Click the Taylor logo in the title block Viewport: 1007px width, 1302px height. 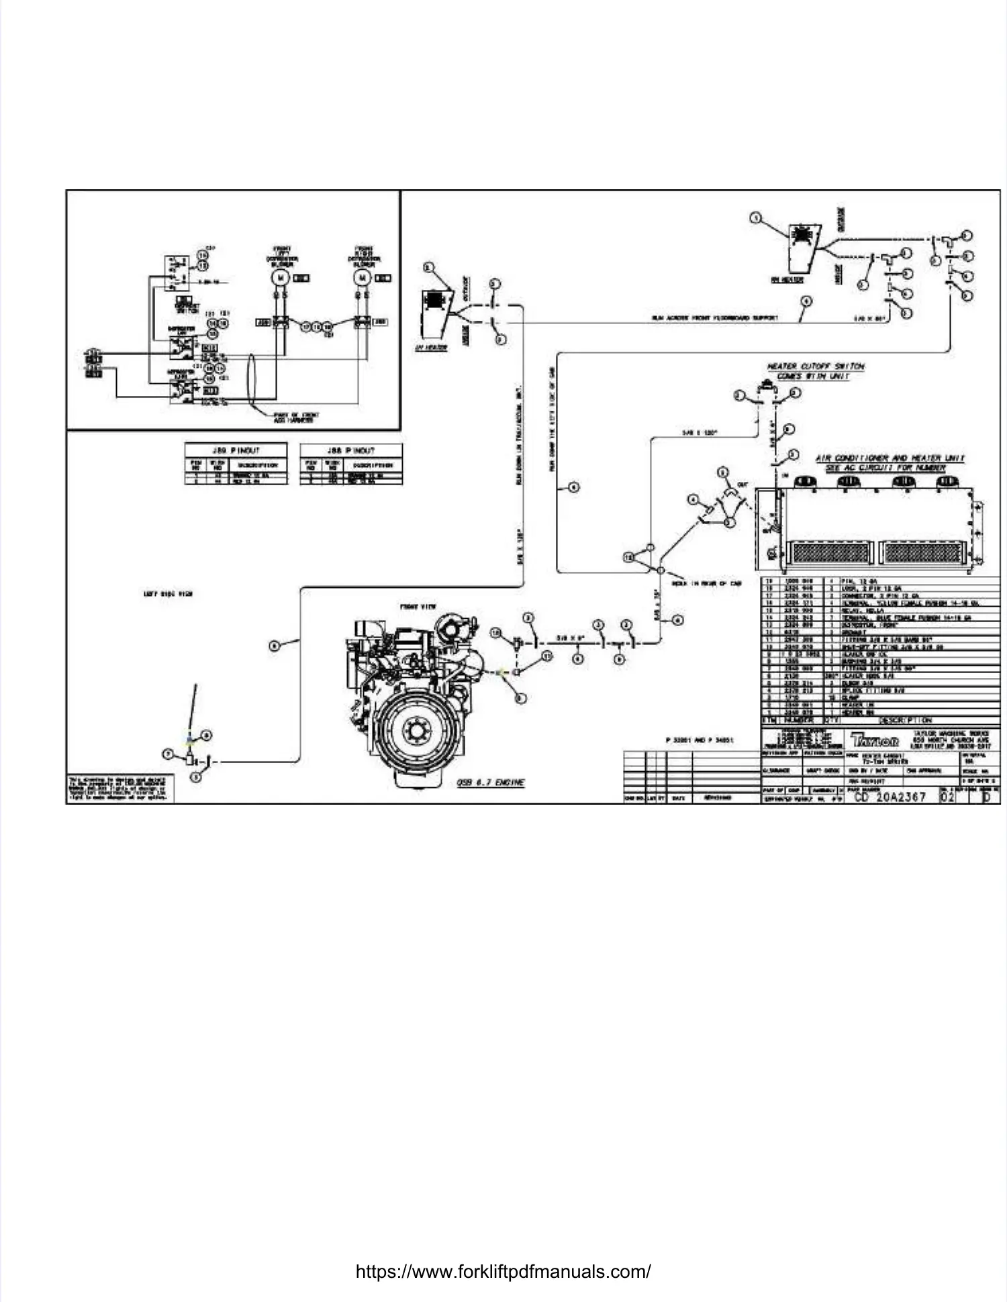(x=875, y=740)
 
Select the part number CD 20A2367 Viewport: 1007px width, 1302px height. (x=890, y=797)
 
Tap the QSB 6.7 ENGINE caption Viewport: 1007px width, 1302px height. (x=490, y=783)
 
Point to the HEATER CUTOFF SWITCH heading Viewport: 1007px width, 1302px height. (x=815, y=366)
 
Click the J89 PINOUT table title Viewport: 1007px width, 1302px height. (x=236, y=450)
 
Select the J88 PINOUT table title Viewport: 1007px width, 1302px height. (x=351, y=450)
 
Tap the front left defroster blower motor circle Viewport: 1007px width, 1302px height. (x=281, y=277)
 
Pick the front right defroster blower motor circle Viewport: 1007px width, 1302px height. (x=363, y=277)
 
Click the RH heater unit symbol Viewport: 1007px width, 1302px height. (x=802, y=245)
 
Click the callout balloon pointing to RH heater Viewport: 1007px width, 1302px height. (x=756, y=218)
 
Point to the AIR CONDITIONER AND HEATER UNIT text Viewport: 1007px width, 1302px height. (x=890, y=458)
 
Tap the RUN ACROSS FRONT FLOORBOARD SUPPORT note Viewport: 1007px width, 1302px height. (x=714, y=317)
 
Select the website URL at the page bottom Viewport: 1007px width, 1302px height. (x=503, y=1271)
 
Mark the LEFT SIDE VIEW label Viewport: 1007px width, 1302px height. (x=168, y=594)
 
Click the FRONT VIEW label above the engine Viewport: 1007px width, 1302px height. (x=418, y=607)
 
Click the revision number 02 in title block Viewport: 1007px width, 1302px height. (x=947, y=797)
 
